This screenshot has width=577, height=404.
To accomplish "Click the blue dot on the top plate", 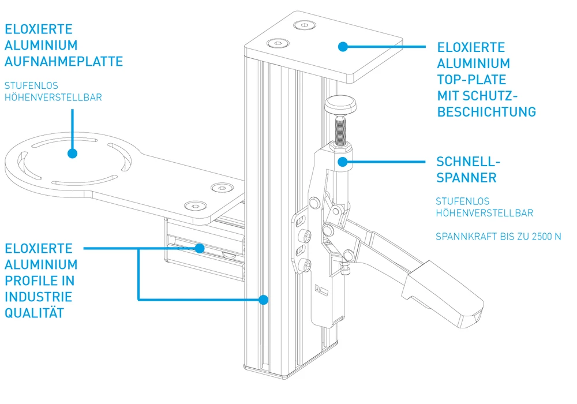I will pyautogui.click(x=343, y=46).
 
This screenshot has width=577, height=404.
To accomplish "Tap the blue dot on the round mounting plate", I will pyautogui.click(x=72, y=154).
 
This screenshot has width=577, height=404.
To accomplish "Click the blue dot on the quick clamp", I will pyautogui.click(x=343, y=162).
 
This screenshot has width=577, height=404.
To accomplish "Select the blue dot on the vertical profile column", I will pyautogui.click(x=264, y=300).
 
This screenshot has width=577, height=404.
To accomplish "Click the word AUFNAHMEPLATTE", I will pyautogui.click(x=63, y=61).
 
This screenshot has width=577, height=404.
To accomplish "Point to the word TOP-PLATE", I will pyautogui.click(x=471, y=80).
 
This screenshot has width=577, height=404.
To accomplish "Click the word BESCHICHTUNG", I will pyautogui.click(x=486, y=112).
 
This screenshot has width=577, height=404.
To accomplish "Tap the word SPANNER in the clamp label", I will pyautogui.click(x=466, y=178).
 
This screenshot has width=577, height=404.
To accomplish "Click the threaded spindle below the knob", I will pyautogui.click(x=341, y=130).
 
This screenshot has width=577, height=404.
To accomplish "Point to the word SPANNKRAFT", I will pyautogui.click(x=464, y=237).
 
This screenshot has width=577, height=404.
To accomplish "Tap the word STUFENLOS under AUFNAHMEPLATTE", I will pyautogui.click(x=31, y=85).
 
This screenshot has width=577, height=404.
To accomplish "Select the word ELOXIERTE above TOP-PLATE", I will pyautogui.click(x=471, y=47).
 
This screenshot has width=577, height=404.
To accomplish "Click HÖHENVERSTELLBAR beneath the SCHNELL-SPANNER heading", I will pyautogui.click(x=485, y=214).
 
